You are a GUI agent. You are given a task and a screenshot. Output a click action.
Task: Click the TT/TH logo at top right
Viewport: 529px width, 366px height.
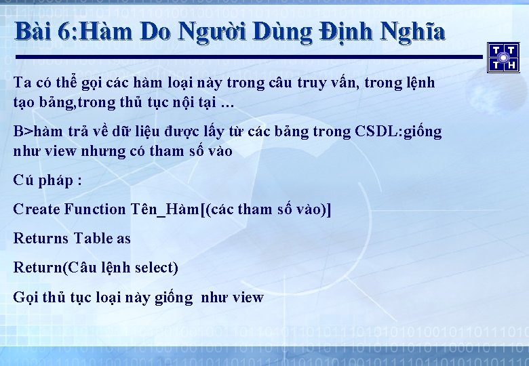pyautogui.click(x=503, y=57)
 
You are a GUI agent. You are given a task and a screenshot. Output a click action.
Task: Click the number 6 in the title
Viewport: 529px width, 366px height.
pyautogui.click(x=67, y=31)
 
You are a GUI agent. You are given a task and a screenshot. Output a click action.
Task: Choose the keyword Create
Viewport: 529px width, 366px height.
pyautogui.click(x=37, y=209)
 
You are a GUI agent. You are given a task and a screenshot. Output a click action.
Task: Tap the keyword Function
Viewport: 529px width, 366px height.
pyautogui.click(x=95, y=209)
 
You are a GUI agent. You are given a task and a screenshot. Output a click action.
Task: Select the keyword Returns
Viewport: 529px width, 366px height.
pyautogui.click(x=41, y=239)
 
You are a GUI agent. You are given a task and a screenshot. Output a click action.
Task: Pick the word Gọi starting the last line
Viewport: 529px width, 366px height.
pyautogui.click(x=25, y=298)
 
